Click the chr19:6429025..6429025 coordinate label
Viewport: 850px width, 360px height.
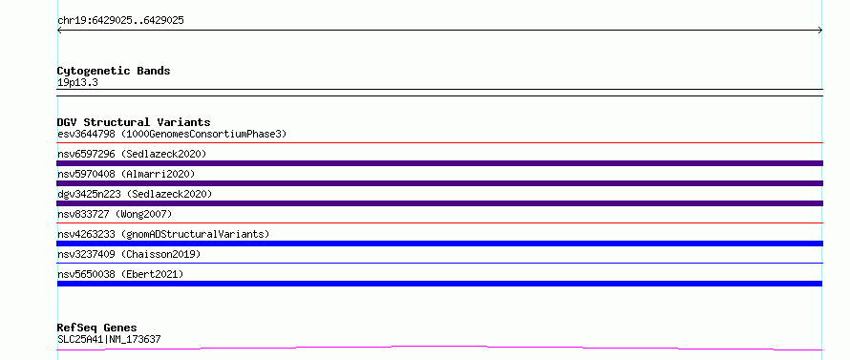click(x=120, y=21)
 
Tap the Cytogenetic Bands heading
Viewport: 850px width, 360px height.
click(x=114, y=71)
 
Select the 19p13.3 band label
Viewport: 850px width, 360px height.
click(x=77, y=83)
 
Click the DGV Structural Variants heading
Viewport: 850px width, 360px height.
click(x=134, y=122)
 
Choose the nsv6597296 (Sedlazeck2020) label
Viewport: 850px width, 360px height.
click(x=132, y=154)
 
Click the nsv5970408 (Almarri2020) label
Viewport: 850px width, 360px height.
click(x=126, y=174)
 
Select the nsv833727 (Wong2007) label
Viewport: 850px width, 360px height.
click(x=115, y=214)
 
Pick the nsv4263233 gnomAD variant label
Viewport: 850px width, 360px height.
click(x=163, y=234)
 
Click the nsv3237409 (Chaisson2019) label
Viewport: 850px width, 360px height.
click(x=129, y=254)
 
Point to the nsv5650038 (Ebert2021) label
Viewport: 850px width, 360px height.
click(x=120, y=274)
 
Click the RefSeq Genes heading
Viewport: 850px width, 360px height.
click(x=96, y=328)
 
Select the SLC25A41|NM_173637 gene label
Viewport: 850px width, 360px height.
click(x=109, y=339)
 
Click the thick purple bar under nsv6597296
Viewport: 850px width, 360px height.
click(x=439, y=163)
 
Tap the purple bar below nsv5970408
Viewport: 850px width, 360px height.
click(x=439, y=183)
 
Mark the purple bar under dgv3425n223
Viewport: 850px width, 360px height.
click(x=439, y=203)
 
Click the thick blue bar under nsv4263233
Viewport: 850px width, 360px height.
click(x=439, y=244)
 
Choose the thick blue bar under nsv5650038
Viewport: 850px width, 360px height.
click(x=439, y=284)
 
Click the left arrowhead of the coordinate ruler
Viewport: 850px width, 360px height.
click(x=59, y=31)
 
